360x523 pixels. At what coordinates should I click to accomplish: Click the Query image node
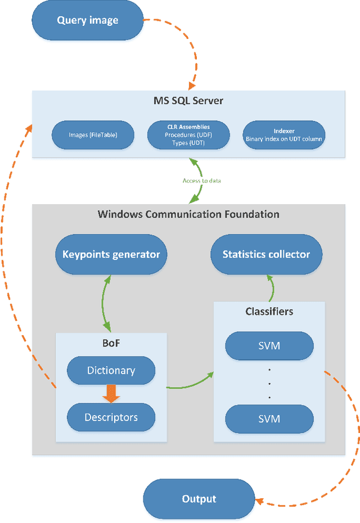88,21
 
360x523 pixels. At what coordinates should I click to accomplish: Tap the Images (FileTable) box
93,135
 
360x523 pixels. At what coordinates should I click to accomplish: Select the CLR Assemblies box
188,135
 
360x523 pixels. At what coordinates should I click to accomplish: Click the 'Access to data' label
201,181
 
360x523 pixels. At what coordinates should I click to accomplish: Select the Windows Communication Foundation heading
188,214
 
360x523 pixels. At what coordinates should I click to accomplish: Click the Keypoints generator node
111,254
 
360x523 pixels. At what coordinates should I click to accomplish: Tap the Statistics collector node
266,254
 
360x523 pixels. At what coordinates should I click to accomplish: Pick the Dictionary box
111,371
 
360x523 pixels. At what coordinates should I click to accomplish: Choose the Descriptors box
111,417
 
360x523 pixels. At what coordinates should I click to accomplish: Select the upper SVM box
269,346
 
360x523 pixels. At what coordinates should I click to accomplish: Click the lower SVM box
269,419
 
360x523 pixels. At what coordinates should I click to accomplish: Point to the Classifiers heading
269,311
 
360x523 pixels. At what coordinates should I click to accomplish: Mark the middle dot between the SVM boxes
269,383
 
